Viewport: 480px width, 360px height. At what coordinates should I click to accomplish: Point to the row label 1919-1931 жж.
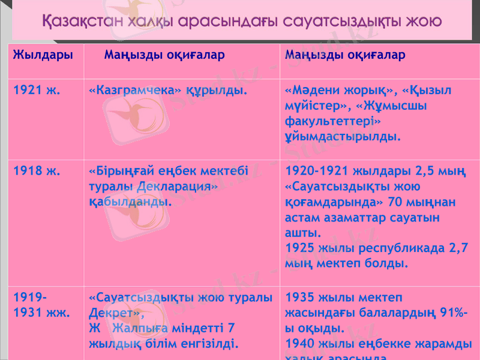click(x=41, y=305)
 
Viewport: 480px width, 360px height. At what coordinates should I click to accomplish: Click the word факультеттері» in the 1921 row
click(x=334, y=122)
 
